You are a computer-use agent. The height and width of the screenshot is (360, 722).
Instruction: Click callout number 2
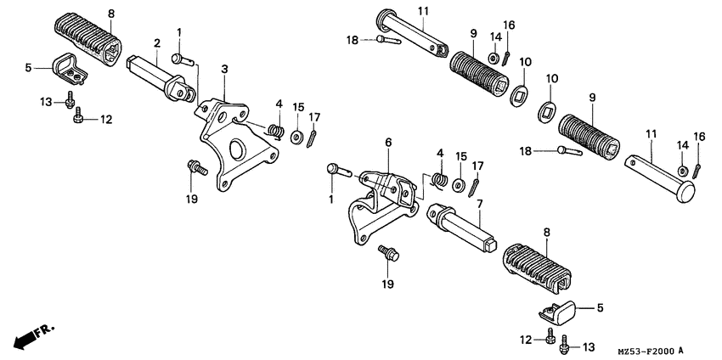(x=157, y=43)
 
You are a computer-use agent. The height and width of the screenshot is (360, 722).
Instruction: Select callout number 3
(x=224, y=69)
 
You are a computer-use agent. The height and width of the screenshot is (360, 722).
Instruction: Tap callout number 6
(x=387, y=143)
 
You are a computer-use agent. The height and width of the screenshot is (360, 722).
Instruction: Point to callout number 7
(x=479, y=205)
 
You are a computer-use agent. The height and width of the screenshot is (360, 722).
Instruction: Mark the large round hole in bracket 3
(x=237, y=154)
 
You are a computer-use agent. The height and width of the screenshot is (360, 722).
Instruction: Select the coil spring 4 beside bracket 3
(x=274, y=130)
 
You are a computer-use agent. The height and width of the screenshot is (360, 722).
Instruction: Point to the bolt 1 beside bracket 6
(x=338, y=169)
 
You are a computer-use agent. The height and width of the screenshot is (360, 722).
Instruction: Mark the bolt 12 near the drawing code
(x=550, y=339)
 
